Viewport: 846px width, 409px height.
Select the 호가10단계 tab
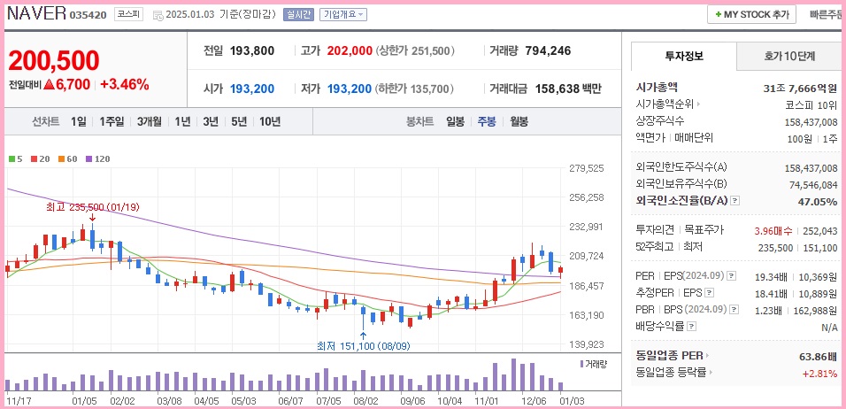click(789, 56)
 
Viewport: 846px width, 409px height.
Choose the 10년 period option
click(270, 122)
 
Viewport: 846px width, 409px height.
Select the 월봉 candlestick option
click(519, 122)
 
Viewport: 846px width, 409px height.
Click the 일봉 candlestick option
click(455, 122)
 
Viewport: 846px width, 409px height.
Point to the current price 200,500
click(54, 60)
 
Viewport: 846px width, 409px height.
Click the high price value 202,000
click(350, 51)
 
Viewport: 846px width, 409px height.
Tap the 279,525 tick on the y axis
click(586, 168)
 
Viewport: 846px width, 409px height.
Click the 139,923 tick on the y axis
click(586, 345)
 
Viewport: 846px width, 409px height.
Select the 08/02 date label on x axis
click(365, 400)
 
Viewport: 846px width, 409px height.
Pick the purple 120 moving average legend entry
click(97, 159)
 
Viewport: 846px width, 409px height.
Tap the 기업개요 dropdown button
click(342, 15)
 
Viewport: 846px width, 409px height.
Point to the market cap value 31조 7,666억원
click(800, 88)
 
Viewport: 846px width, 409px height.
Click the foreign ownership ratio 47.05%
click(817, 202)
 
